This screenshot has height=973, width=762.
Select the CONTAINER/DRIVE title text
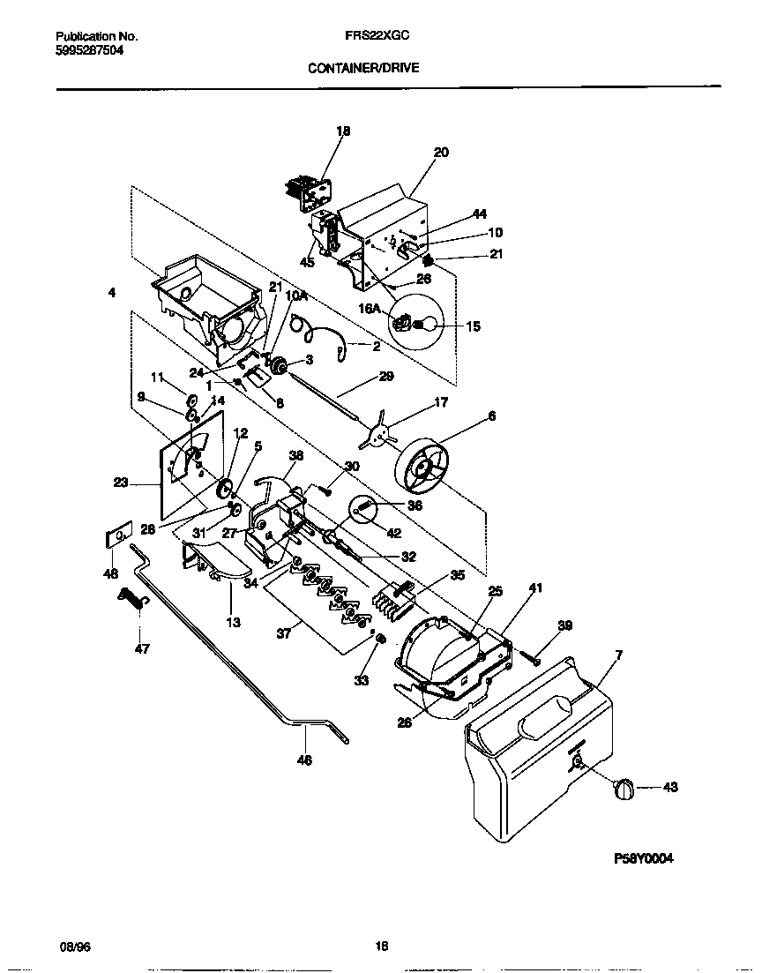pos(363,66)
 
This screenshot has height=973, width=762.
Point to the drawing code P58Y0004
pos(645,857)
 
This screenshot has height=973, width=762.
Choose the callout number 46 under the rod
pos(305,760)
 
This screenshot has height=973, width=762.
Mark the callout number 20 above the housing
pos(441,153)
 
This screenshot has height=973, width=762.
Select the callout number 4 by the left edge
pos(112,293)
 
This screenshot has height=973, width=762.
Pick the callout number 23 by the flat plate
pos(121,483)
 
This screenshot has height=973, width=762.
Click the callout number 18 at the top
pos(343,131)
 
